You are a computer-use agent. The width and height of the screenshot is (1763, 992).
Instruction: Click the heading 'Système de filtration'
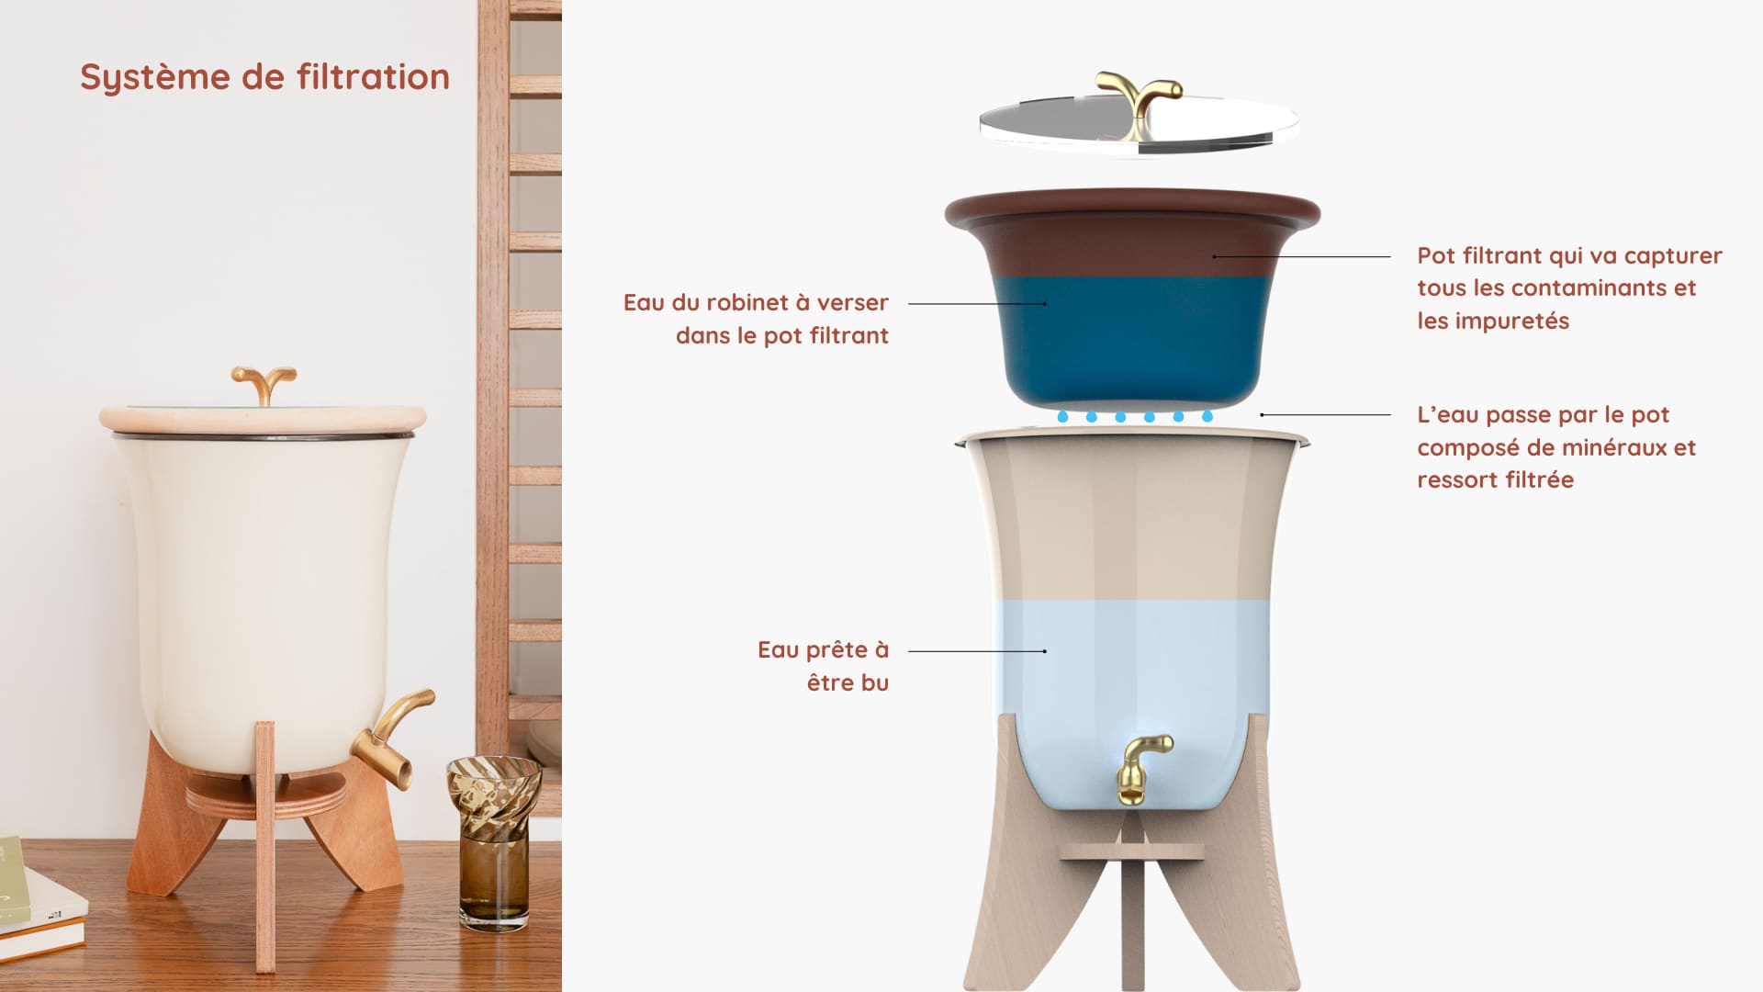264,77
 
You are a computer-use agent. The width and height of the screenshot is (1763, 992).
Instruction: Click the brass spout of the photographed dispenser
391,738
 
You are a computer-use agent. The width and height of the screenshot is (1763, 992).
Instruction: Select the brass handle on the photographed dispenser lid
264,384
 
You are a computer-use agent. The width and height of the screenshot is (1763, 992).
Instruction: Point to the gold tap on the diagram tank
1141,768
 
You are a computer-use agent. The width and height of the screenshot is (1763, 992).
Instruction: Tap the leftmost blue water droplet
1062,416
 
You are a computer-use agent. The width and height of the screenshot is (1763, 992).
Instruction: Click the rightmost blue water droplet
1207,416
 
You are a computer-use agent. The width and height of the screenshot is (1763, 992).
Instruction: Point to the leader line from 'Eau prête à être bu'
977,651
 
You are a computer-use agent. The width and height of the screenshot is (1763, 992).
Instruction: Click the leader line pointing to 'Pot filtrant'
1301,257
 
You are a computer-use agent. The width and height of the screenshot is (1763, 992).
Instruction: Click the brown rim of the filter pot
1132,209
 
